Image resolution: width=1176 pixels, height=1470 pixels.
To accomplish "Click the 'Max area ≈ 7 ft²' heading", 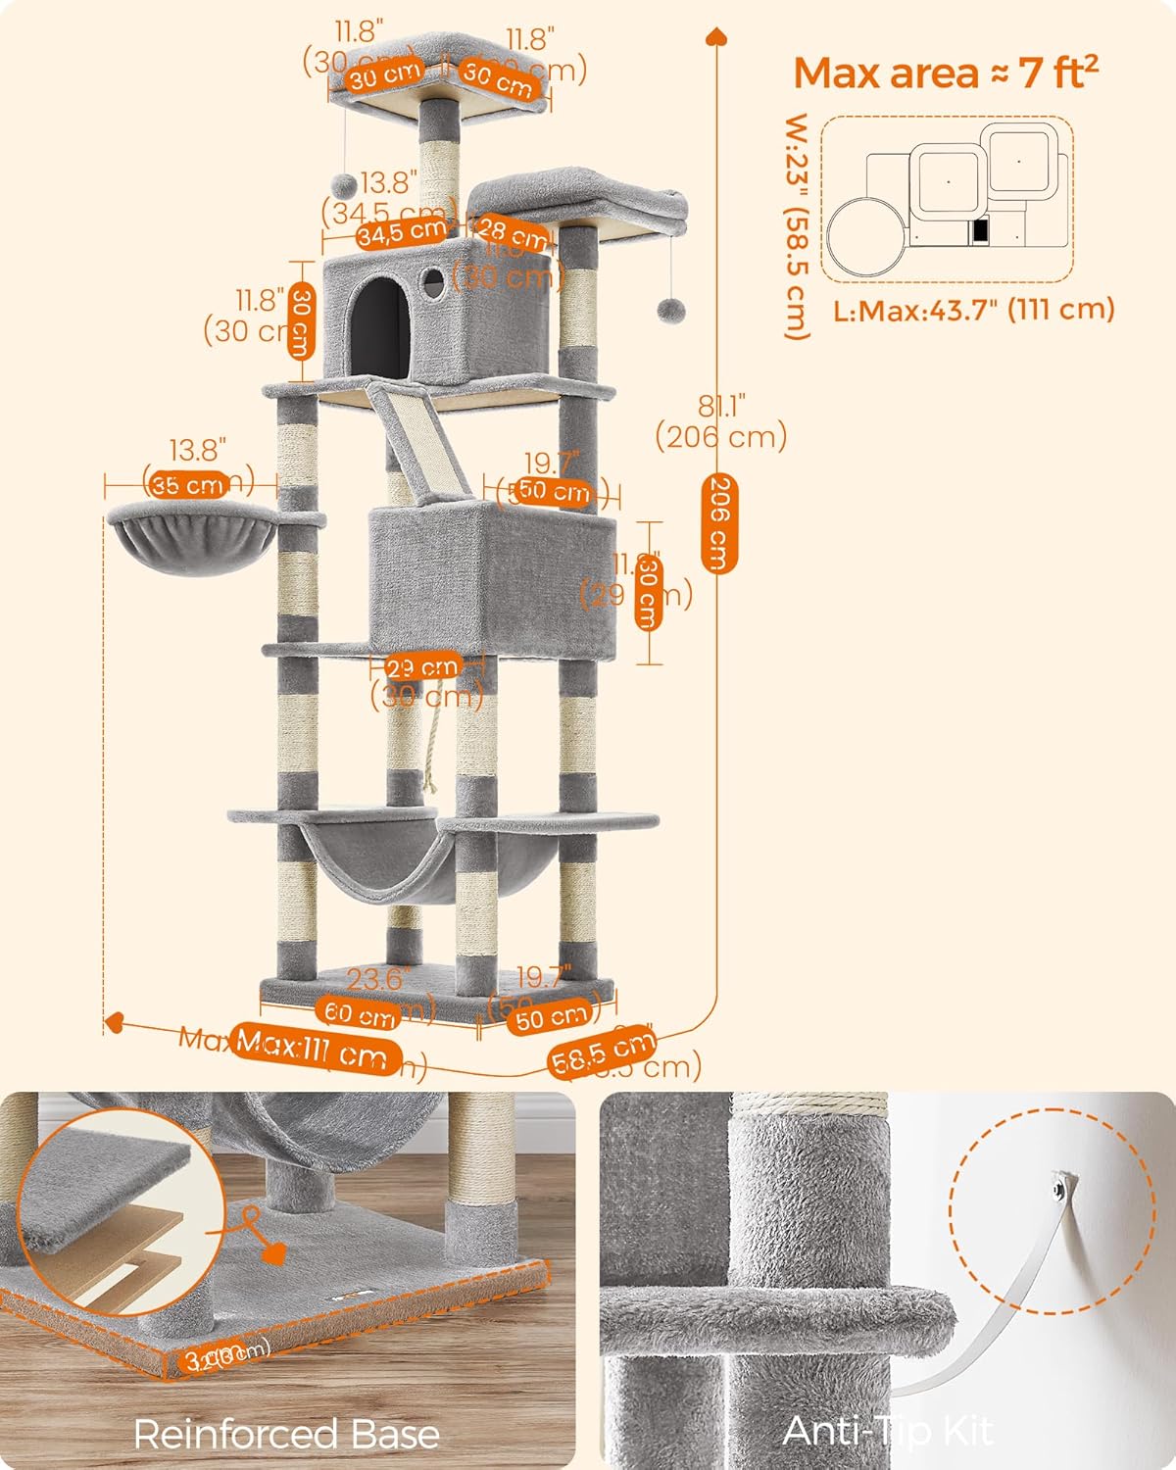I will pyautogui.click(x=945, y=73).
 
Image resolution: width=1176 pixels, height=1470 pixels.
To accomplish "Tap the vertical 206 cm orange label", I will pyautogui.click(x=718, y=523).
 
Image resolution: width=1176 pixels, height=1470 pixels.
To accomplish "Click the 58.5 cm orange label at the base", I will pyautogui.click(x=602, y=1053).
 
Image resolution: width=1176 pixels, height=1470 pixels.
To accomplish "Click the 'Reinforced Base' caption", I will pyautogui.click(x=286, y=1435).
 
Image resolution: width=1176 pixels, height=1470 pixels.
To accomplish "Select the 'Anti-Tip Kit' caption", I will pyautogui.click(x=887, y=1431).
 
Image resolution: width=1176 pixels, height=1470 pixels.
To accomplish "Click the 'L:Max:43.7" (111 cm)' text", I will pyautogui.click(x=974, y=310).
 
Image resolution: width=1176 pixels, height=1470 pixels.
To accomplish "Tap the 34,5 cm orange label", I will pyautogui.click(x=401, y=233).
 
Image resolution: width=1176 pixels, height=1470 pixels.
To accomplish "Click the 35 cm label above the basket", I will pyautogui.click(x=189, y=484).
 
